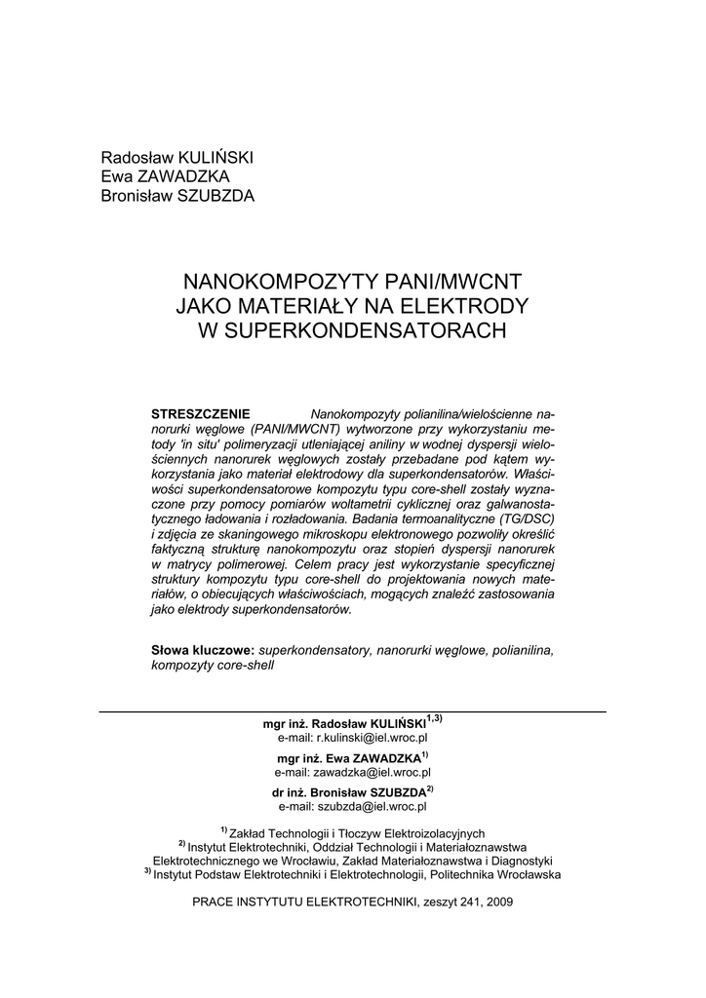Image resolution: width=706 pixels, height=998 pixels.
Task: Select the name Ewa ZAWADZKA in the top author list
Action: (x=166, y=176)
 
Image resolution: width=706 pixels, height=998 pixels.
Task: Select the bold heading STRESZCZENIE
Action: (x=202, y=413)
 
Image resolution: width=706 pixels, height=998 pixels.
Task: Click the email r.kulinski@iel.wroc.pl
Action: (x=353, y=738)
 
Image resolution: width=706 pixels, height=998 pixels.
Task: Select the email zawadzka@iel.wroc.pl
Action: (x=353, y=773)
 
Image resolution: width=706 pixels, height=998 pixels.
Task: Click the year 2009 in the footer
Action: (x=498, y=902)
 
